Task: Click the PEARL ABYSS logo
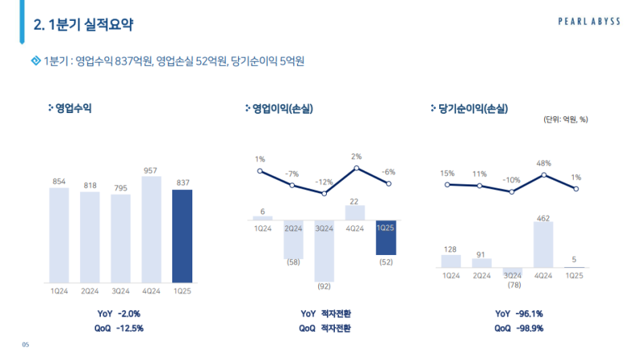tap(589, 22)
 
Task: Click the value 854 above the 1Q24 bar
tap(58, 182)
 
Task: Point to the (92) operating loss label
tap(325, 285)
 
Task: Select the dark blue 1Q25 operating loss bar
tap(386, 237)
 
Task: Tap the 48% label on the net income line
tap(543, 163)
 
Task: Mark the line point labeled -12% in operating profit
tap(324, 193)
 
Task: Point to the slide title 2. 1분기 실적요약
tap(83, 26)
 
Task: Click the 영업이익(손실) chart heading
tap(284, 108)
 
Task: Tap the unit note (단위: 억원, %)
tap(566, 120)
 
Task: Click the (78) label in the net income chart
tap(513, 285)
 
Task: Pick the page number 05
tap(26, 345)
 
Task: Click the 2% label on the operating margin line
tap(356, 156)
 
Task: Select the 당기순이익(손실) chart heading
tap(474, 108)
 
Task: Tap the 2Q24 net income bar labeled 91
tap(482, 262)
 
